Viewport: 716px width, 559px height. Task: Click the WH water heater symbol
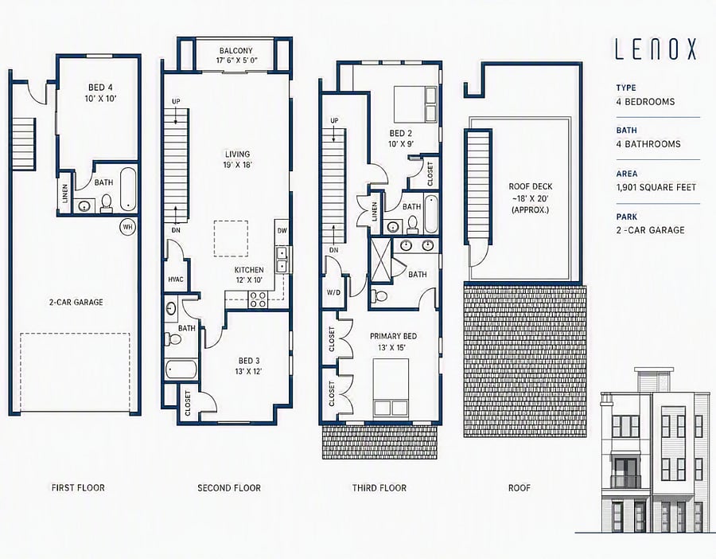click(128, 227)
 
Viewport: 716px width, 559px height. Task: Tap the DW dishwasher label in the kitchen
click(282, 231)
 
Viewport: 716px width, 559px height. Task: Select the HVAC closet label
click(176, 279)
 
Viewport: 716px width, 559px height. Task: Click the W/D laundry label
click(333, 292)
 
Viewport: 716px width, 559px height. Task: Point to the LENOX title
click(656, 49)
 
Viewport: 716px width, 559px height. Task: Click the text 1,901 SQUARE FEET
click(656, 187)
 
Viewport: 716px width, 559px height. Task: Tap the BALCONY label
click(235, 51)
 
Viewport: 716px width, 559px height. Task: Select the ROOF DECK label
click(530, 186)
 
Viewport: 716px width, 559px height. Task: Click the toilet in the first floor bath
click(107, 203)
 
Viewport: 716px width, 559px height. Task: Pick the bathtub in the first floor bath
click(128, 190)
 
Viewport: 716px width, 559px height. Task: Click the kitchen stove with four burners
click(258, 299)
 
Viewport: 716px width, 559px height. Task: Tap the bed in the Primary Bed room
click(391, 386)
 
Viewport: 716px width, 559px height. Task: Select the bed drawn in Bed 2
click(415, 104)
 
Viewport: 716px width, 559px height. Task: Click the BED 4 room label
click(100, 88)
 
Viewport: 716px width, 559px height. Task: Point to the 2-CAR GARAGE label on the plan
click(76, 302)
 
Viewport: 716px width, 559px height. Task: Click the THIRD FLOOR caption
click(379, 488)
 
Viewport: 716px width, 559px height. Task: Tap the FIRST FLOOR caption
click(78, 488)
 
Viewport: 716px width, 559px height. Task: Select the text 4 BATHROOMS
click(648, 144)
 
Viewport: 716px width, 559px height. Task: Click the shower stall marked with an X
click(381, 259)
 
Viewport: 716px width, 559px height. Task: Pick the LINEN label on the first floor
click(65, 193)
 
